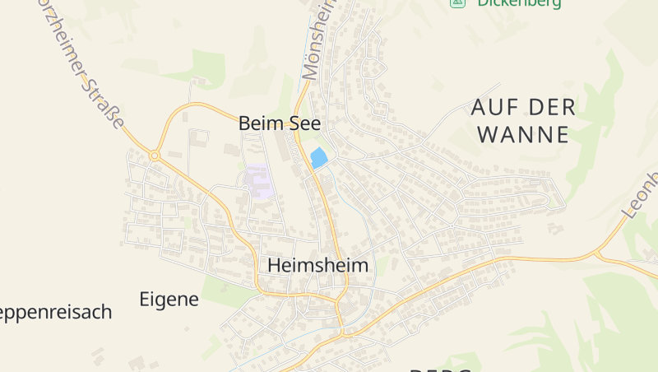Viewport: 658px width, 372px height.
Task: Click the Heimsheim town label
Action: tap(317, 266)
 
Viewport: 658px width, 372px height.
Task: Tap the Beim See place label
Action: tap(279, 123)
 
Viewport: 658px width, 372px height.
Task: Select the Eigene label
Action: tap(169, 299)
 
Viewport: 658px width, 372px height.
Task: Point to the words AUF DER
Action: tap(523, 107)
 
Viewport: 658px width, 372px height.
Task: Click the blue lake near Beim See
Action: tap(318, 158)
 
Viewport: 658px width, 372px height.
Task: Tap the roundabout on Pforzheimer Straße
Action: tap(155, 155)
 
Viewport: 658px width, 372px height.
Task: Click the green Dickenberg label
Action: tap(519, 3)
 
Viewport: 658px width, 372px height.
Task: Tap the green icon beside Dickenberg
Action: tap(456, 3)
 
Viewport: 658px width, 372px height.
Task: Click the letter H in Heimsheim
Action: tap(276, 266)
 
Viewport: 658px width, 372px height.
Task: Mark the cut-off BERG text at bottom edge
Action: tap(440, 369)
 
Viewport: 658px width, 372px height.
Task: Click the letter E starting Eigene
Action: tap(145, 299)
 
